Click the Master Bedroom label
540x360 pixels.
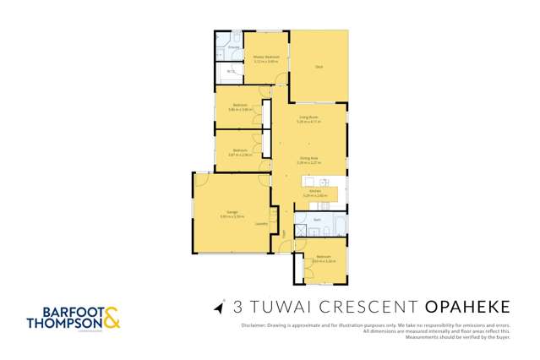266,57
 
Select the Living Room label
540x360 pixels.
307,117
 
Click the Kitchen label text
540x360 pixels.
314,191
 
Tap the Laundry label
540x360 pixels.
261,224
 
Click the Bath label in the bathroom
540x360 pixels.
317,219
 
